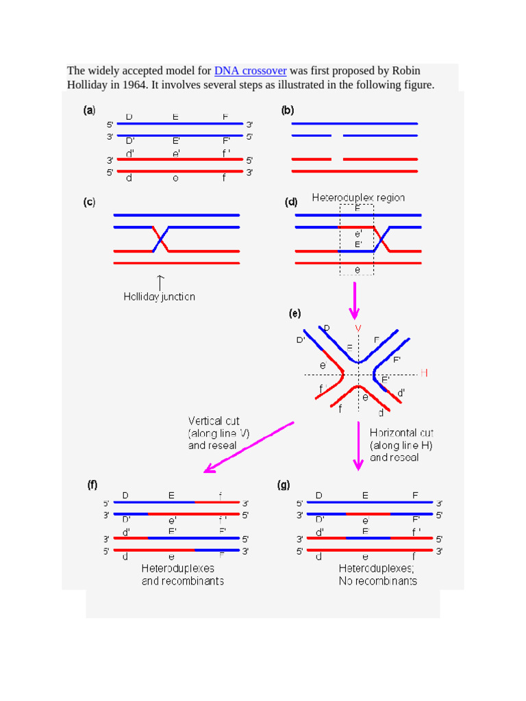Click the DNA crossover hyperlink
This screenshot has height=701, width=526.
click(250, 71)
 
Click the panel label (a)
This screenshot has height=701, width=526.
click(90, 110)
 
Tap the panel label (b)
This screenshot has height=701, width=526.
click(288, 110)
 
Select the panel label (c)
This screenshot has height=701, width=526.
click(90, 203)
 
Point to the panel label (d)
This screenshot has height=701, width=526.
click(291, 203)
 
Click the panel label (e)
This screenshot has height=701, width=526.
click(295, 314)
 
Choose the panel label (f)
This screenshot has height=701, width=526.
click(92, 485)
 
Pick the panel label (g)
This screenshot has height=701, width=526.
click(284, 485)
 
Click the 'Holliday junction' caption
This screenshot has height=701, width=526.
click(159, 297)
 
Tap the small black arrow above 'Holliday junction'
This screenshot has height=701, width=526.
click(160, 281)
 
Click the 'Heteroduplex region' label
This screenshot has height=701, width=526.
click(358, 198)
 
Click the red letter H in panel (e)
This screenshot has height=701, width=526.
click(424, 373)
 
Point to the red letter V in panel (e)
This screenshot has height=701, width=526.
click(358, 329)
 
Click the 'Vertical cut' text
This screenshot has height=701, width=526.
click(214, 421)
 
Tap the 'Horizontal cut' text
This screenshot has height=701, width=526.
click(401, 433)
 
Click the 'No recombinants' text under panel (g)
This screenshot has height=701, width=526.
click(377, 581)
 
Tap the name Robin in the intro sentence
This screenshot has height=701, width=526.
click(406, 71)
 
